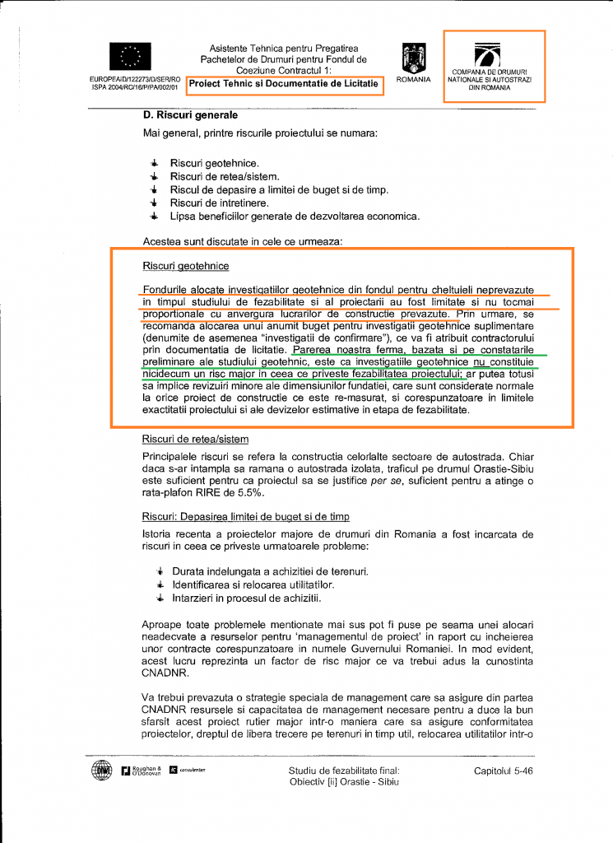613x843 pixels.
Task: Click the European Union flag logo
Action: [x=129, y=56]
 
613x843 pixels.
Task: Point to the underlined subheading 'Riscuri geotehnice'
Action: [x=185, y=267]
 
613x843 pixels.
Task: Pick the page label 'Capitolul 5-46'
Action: [x=504, y=771]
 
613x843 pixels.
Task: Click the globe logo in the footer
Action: [x=101, y=771]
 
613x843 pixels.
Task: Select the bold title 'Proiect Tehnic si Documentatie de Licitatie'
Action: [x=284, y=85]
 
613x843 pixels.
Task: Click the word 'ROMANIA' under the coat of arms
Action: [x=413, y=80]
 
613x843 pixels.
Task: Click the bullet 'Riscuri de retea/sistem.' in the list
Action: [x=225, y=176]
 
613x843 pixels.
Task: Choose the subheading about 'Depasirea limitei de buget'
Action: [x=246, y=516]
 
